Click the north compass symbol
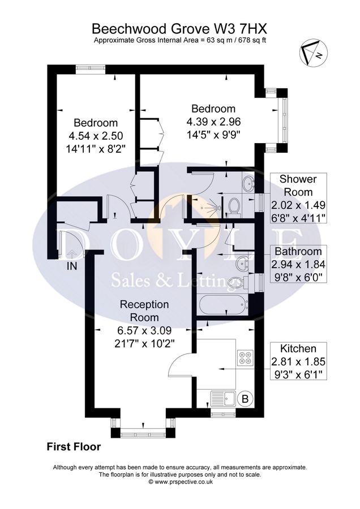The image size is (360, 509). [311, 53]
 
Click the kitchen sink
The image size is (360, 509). [222, 399]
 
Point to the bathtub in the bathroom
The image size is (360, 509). [222, 305]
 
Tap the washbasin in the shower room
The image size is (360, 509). [248, 183]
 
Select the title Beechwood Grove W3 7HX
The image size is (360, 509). [179, 28]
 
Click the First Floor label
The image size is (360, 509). [74, 447]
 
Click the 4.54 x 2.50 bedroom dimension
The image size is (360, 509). [95, 136]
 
